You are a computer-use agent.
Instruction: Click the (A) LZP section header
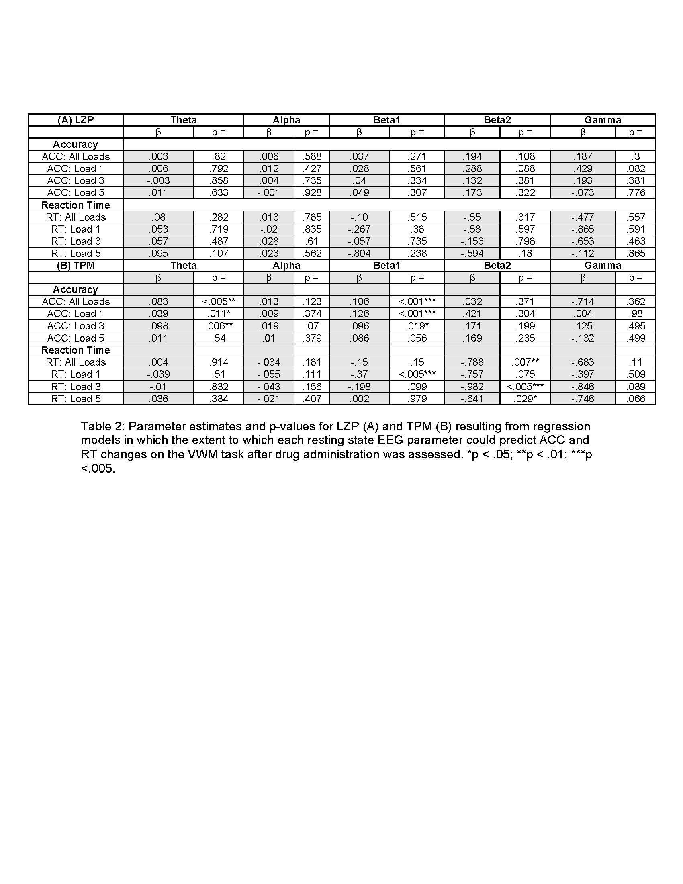click(76, 120)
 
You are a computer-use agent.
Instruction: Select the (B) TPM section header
click(76, 265)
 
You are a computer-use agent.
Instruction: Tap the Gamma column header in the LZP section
click(603, 120)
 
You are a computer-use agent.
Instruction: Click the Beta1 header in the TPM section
click(386, 265)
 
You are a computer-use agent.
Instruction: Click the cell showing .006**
click(219, 326)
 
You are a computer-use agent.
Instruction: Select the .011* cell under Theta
click(219, 314)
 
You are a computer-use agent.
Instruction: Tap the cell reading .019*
click(417, 326)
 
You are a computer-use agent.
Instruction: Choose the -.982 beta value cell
click(472, 387)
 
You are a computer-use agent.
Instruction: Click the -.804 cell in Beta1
click(359, 254)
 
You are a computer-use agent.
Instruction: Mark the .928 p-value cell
click(311, 192)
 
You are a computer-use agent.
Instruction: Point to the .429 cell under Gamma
click(583, 168)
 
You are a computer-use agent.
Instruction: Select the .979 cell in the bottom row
click(417, 399)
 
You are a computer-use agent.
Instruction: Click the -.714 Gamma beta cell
click(583, 301)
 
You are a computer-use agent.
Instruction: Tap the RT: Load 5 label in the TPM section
click(76, 399)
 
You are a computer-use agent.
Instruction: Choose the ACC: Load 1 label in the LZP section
click(76, 168)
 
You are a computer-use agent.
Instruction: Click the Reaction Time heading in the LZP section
click(76, 205)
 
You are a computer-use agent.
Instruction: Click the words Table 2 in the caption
click(101, 426)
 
